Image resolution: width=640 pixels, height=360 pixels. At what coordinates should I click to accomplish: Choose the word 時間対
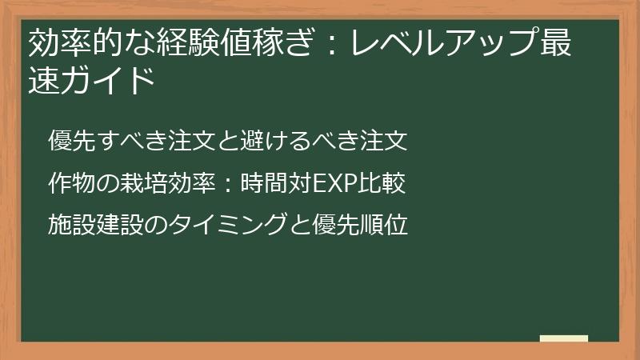pos(275,183)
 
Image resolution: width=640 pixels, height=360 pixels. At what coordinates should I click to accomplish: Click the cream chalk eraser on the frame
pos(563,338)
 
